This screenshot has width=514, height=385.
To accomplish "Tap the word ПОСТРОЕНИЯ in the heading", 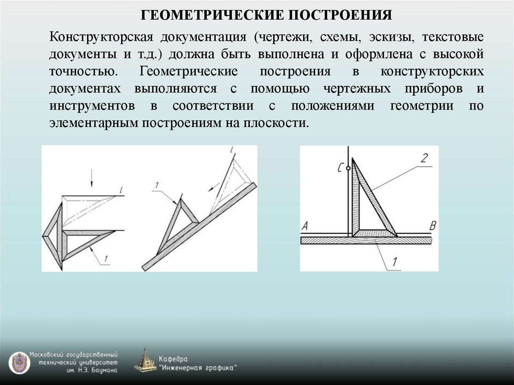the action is coord(339,14).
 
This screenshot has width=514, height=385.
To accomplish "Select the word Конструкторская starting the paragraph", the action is coord(100,38).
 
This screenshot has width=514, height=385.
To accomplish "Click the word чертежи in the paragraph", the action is coord(282,38).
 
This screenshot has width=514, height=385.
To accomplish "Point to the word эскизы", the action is coord(389,38).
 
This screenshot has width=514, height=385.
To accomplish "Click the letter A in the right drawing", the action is coord(305,226).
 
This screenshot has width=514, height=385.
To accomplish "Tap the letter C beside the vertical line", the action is coord(341,169).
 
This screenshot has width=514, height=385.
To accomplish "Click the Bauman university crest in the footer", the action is coord(19,362).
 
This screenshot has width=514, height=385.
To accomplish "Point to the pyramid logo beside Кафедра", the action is coord(146,360).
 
